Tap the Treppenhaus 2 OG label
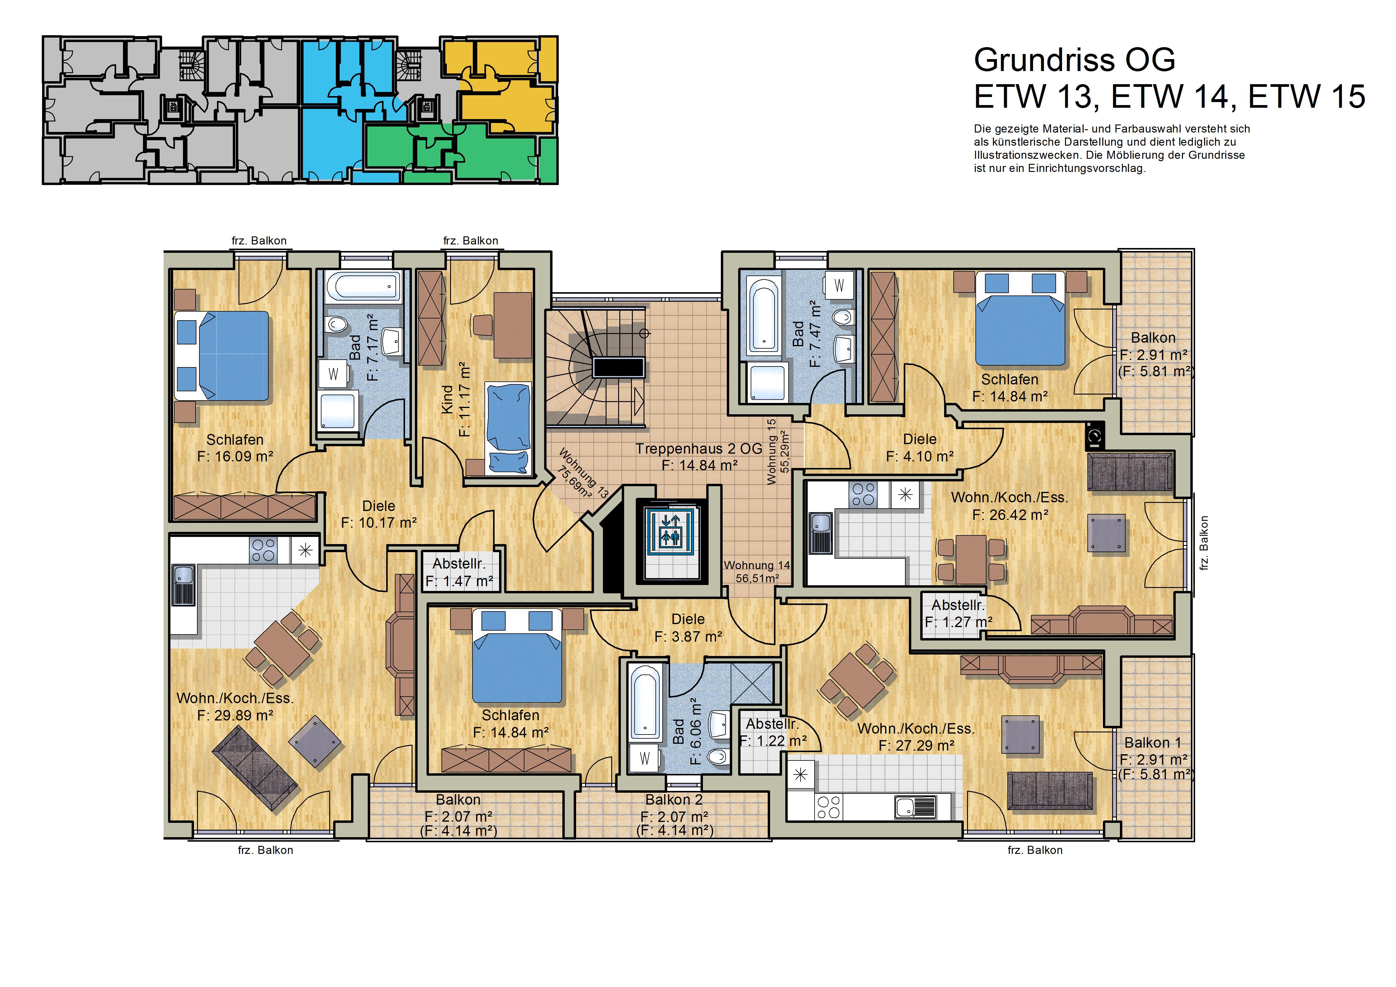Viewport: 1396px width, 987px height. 699,449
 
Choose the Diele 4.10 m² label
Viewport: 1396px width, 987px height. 919,448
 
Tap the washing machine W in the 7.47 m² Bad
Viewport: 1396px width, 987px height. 839,285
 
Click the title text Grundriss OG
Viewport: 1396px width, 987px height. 1074,60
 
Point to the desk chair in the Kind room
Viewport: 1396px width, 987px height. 482,324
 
